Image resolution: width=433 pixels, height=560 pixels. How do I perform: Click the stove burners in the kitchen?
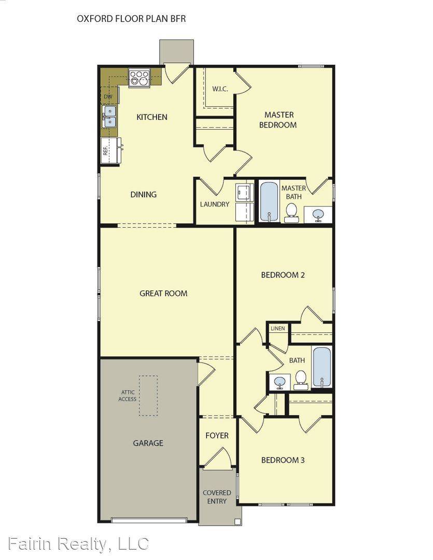(139, 78)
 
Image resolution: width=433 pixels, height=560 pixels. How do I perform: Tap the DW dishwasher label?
(108, 96)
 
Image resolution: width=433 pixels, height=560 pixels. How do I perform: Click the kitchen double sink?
(110, 117)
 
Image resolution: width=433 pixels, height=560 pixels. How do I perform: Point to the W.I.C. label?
(220, 89)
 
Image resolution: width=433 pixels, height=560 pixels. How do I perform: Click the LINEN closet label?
(277, 329)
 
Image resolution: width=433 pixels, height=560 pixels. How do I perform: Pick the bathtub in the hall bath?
(322, 367)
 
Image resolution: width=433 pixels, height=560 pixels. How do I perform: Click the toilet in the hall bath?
(301, 379)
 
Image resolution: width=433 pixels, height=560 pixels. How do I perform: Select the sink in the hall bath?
(280, 383)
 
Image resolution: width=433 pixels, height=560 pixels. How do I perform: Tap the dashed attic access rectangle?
(148, 396)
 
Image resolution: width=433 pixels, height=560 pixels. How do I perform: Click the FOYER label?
(217, 436)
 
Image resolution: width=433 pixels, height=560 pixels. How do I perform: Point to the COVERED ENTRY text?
(217, 497)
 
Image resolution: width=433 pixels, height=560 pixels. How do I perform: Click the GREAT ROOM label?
(163, 293)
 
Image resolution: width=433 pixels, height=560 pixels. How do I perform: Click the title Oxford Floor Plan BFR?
(131, 19)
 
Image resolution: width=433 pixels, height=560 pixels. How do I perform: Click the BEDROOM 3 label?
(283, 460)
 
